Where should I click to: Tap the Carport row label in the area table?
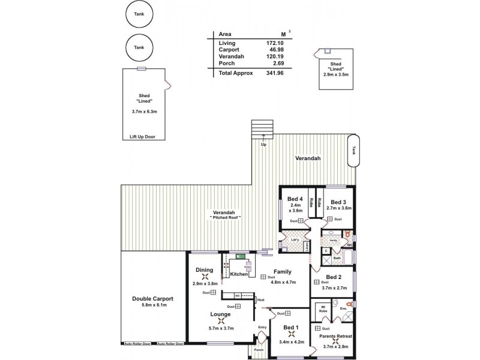tap(229, 50)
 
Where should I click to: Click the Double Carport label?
tap(153, 298)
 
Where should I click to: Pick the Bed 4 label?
tap(295, 199)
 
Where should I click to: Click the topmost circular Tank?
tap(139, 14)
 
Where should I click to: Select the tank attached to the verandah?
tap(354, 150)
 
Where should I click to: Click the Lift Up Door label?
tap(142, 137)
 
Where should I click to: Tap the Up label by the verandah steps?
tap(263, 145)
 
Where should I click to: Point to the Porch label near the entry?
tap(259, 350)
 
